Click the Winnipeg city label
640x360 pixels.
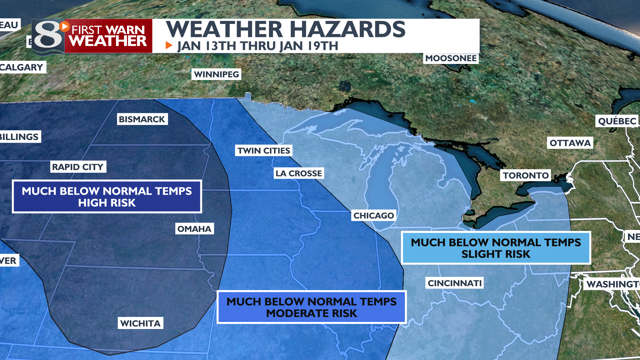[x=216, y=74]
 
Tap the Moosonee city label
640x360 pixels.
[x=451, y=58]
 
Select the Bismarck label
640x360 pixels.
[x=142, y=119]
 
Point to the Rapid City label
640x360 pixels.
[x=78, y=167]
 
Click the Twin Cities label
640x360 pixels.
[x=264, y=151]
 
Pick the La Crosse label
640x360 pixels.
[x=299, y=173]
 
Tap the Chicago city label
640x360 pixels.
[x=374, y=216]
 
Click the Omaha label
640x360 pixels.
[x=194, y=229]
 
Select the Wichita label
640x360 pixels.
[x=140, y=323]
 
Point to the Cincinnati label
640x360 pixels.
[x=455, y=283]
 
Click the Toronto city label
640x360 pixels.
[x=526, y=176]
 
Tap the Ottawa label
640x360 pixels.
[x=570, y=143]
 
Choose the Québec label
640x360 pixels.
[x=617, y=121]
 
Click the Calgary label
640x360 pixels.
[x=22, y=67]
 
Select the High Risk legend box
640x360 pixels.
[x=107, y=197]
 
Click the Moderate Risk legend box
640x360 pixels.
[x=312, y=307]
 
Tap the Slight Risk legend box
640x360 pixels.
[x=496, y=248]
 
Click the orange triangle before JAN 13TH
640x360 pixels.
[x=169, y=45]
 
